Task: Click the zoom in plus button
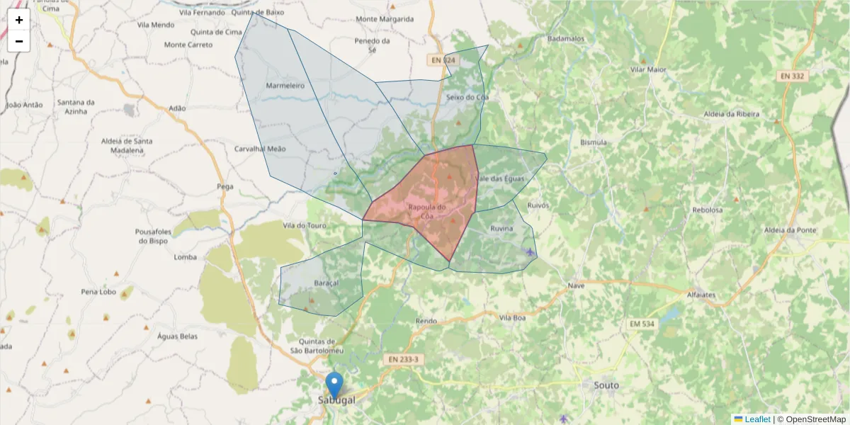point(19,20)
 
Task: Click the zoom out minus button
point(19,41)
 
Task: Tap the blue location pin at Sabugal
point(334,385)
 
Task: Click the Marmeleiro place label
point(285,86)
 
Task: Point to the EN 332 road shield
point(793,76)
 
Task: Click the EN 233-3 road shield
point(404,360)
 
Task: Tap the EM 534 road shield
point(642,324)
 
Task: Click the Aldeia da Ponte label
point(790,230)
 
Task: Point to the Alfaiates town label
point(701,294)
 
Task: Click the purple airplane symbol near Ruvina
point(531,251)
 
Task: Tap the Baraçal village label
point(326,283)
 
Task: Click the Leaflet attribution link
point(756,419)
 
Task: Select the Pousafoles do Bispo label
point(153,236)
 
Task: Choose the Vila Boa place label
point(512,317)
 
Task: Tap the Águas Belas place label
point(177,336)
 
